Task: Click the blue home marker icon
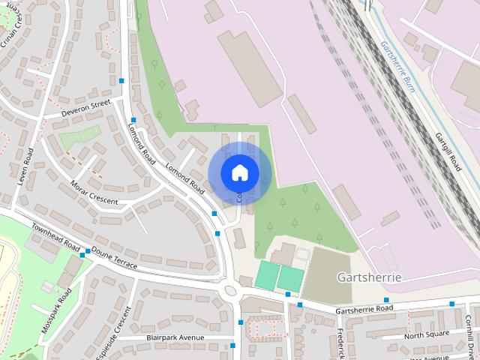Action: (x=239, y=172)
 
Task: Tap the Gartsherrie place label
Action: (x=369, y=277)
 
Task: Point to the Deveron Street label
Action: (x=86, y=108)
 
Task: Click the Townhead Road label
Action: (x=55, y=237)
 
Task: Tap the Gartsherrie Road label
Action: (x=364, y=309)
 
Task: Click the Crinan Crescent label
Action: (x=13, y=34)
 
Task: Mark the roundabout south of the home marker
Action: (x=230, y=289)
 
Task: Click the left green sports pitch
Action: (x=266, y=275)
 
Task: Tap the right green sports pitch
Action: (x=290, y=279)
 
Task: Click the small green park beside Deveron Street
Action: (x=80, y=137)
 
